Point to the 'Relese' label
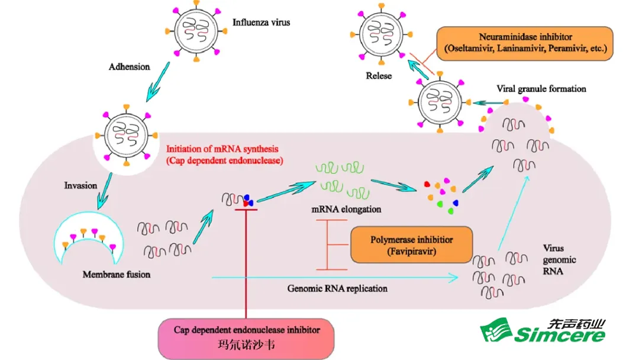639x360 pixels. click(379, 76)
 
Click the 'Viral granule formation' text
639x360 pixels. click(541, 89)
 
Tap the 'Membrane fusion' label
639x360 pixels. click(117, 274)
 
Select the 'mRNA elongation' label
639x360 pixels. click(346, 210)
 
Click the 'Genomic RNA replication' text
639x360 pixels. click(338, 288)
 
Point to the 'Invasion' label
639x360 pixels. click(80, 185)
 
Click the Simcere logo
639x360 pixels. click(543, 330)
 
